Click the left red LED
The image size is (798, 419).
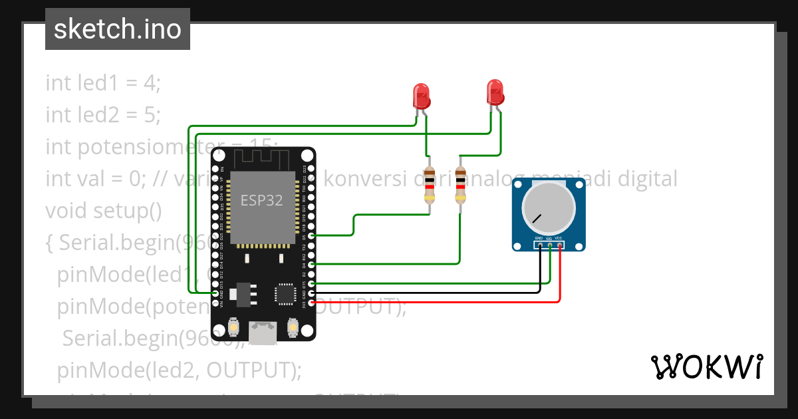(x=421, y=96)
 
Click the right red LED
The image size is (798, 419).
(x=495, y=92)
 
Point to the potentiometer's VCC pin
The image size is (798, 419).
(x=560, y=245)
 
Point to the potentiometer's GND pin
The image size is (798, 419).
(x=540, y=245)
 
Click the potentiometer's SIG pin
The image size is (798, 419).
(x=550, y=245)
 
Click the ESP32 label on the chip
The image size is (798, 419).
(x=261, y=201)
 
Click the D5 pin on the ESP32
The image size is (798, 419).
(x=311, y=235)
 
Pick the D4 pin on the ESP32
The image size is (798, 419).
(x=311, y=264)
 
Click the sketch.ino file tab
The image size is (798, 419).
(x=118, y=29)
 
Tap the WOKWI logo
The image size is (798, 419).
(x=706, y=366)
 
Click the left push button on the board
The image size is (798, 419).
(x=234, y=327)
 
